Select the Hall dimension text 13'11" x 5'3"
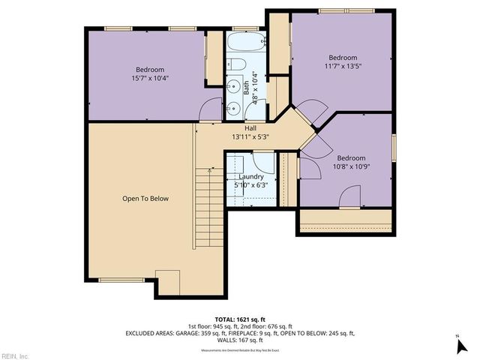[x=250, y=136]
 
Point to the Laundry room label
[x=250, y=177]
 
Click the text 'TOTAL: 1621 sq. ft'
[x=241, y=319]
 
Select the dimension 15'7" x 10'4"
[x=149, y=76]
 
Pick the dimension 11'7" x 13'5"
[x=342, y=66]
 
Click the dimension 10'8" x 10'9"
[x=350, y=166]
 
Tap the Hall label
[x=250, y=128]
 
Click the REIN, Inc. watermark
[x=15, y=355]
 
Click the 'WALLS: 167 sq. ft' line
[x=241, y=340]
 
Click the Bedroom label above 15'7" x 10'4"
[x=149, y=68]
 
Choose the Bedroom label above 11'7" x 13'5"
[x=343, y=58]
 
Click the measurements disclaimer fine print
[x=241, y=350]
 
